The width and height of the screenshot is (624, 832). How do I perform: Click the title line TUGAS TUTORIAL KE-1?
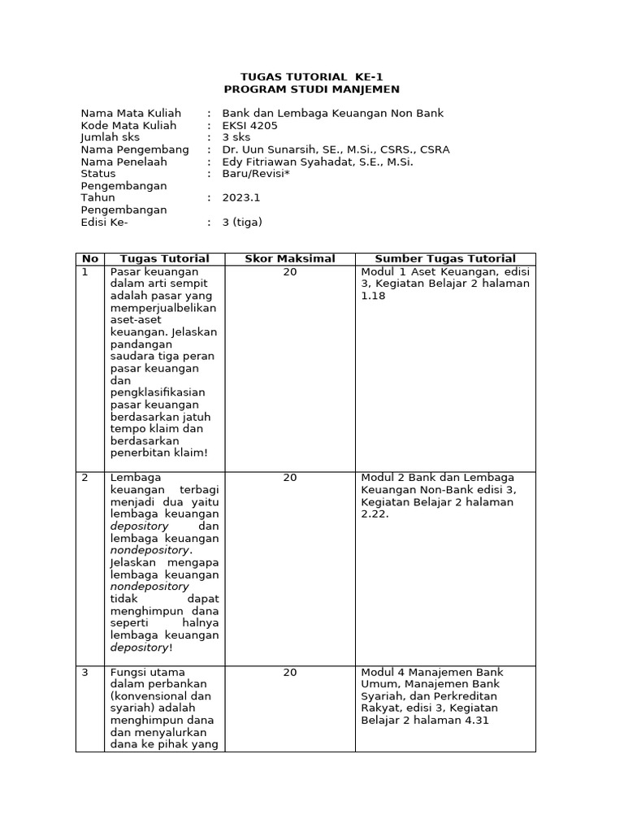coord(312,76)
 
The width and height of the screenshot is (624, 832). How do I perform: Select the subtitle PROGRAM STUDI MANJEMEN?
coord(312,89)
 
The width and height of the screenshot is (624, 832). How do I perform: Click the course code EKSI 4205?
coord(249,126)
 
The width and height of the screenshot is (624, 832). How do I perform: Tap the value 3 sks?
coord(236,137)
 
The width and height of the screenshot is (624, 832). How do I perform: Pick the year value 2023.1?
coord(241,197)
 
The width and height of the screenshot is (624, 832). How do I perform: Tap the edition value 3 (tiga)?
coord(242,222)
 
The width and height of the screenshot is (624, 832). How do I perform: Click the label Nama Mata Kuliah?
coord(131,113)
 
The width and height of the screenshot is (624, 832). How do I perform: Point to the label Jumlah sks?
coord(110,137)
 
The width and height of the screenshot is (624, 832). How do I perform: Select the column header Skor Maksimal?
coord(290,258)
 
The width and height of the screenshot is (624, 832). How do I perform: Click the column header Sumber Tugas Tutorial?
coord(444,258)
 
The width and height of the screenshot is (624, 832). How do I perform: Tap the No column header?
coord(89,258)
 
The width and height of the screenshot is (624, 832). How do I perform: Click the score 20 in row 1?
coord(290,272)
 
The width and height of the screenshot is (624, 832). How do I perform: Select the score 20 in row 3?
coord(290,673)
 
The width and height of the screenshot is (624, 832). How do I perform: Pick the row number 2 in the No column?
coord(84,478)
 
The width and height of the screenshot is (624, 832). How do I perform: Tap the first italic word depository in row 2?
coord(139,526)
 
